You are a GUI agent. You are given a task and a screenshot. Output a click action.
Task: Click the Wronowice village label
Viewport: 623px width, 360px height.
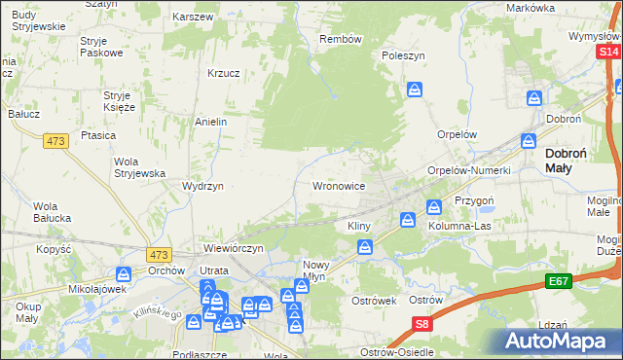tap(338, 185)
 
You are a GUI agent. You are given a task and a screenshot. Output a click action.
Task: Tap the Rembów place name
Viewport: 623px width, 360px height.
tap(341, 40)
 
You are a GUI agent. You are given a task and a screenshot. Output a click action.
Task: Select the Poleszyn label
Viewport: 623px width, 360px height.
tap(404, 56)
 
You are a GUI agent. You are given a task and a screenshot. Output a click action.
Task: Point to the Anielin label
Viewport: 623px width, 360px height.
tap(211, 123)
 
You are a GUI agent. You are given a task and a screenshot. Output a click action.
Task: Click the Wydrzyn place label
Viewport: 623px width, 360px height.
tap(203, 186)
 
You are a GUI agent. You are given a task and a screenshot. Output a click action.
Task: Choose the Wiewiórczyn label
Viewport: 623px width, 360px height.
tap(234, 248)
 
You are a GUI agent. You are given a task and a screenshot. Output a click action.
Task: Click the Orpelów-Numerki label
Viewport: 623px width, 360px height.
tap(469, 170)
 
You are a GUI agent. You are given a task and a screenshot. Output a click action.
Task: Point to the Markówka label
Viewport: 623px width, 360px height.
tap(531, 8)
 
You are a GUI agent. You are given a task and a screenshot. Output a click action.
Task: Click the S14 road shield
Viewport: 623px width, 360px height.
tap(609, 52)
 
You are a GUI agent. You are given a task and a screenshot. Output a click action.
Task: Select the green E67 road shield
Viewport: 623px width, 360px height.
tap(558, 281)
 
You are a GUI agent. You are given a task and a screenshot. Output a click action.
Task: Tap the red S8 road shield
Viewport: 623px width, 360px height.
tap(421, 324)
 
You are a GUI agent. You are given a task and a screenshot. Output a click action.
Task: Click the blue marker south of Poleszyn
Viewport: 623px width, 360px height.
tap(415, 90)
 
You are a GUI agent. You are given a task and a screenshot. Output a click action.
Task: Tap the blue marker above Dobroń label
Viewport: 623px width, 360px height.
tap(534, 98)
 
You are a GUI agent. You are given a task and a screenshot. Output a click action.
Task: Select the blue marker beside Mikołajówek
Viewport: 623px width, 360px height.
tap(124, 274)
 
